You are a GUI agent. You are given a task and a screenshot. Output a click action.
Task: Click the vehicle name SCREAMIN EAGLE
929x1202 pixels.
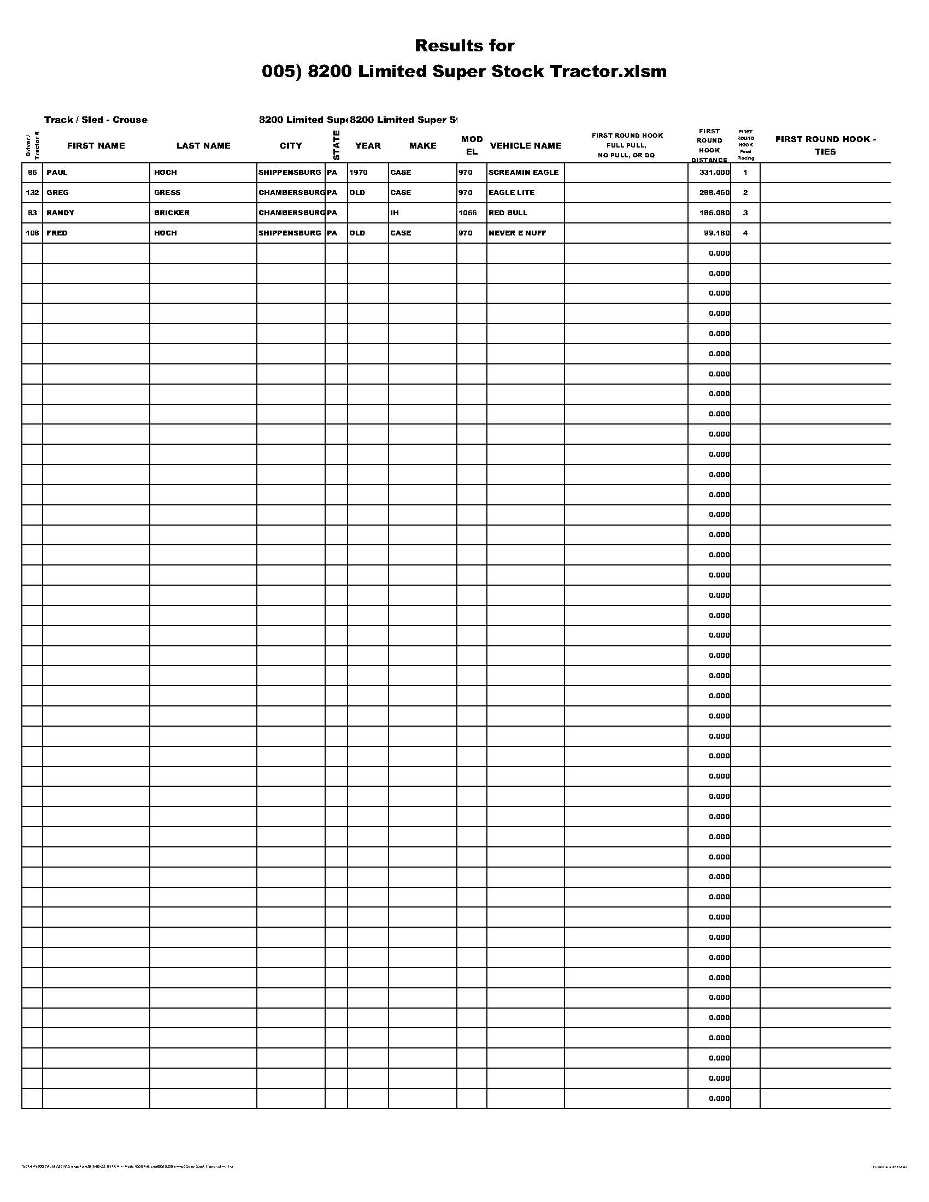pos(523,172)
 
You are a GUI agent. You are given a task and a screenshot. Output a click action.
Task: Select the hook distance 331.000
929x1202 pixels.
pos(714,172)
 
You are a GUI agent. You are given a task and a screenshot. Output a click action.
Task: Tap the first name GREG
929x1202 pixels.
pos(57,193)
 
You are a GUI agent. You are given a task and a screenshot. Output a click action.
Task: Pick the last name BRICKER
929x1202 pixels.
pos(172,213)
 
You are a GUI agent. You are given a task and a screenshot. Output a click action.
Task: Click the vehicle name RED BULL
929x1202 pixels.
pos(508,213)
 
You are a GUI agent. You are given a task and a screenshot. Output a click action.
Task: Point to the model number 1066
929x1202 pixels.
pos(467,213)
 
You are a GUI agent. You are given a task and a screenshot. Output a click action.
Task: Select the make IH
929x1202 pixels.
pos(394,213)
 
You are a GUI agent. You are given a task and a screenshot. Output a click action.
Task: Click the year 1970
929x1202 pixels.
pos(358,172)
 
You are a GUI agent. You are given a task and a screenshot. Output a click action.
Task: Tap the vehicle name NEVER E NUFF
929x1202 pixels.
pos(517,233)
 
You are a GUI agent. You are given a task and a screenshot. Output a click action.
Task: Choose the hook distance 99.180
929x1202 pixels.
pos(716,233)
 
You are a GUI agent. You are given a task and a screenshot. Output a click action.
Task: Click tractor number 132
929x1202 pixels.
pos(32,193)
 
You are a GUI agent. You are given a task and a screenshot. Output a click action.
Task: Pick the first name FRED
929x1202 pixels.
pos(57,233)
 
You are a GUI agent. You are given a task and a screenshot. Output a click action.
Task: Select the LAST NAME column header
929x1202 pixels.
pos(203,146)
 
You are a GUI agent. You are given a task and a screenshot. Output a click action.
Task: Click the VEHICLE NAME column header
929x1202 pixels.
pos(525,146)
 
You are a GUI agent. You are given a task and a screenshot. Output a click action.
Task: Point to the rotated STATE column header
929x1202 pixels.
pos(336,145)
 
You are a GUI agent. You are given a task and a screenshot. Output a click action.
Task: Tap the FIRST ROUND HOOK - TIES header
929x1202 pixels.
pos(825,145)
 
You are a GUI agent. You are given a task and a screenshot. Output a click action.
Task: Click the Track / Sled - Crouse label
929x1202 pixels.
pos(96,120)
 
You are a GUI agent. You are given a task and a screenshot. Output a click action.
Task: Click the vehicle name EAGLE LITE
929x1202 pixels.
pos(511,193)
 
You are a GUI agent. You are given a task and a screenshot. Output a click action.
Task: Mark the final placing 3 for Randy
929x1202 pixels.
pos(745,213)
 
